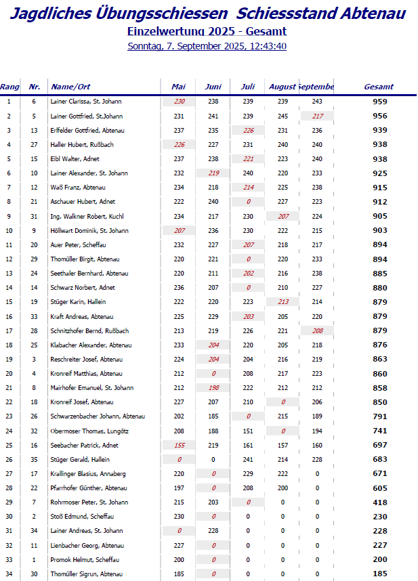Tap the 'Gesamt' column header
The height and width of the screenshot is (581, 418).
tap(379, 87)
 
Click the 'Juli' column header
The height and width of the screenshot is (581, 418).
tap(248, 87)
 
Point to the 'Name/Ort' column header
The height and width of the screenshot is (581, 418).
tap(70, 87)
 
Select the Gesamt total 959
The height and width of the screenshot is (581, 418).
tap(380, 102)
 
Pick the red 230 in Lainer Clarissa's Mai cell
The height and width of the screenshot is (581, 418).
tap(179, 101)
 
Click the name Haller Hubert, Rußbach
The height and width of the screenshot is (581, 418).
tap(76, 144)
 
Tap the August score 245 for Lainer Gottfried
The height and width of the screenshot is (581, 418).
tap(283, 116)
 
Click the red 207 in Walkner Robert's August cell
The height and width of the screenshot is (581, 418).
tap(283, 216)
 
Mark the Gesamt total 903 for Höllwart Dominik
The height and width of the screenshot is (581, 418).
tap(380, 231)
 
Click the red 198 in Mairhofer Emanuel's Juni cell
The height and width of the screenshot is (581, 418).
tap(213, 388)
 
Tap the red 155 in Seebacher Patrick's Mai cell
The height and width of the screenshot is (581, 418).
tap(179, 445)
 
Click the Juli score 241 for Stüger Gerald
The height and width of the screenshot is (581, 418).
tap(248, 459)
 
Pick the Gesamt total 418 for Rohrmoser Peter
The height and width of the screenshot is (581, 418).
tap(380, 502)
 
